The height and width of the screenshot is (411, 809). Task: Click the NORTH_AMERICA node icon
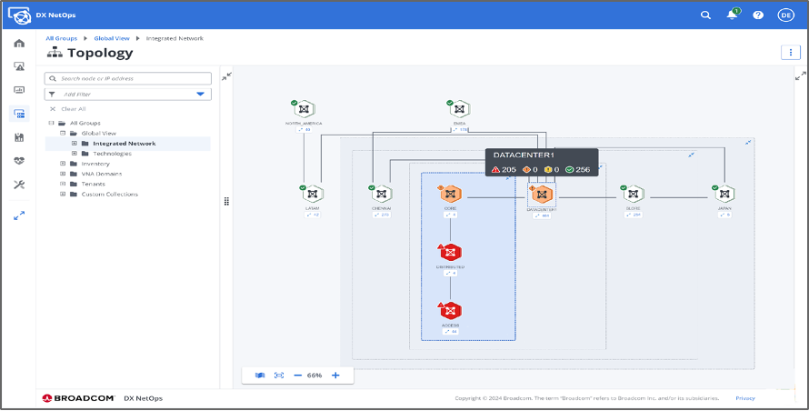point(305,109)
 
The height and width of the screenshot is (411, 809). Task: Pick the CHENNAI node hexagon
point(381,194)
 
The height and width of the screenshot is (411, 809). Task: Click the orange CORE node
point(450,194)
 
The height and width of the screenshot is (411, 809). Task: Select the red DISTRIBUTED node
point(450,252)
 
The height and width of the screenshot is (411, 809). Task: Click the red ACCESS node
point(450,311)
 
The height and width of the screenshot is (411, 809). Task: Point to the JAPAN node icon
point(724,194)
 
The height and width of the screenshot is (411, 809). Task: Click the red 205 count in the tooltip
point(504,170)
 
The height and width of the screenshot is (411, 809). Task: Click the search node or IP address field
point(132,79)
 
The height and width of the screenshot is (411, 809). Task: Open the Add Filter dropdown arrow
point(200,95)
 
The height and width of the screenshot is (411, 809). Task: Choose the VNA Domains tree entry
point(102,174)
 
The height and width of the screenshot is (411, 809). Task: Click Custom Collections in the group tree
point(109,194)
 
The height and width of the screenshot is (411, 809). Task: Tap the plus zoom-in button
point(335,375)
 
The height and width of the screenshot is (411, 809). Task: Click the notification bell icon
point(732,15)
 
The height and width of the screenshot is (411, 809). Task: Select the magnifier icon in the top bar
point(706,15)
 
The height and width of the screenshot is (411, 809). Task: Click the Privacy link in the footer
point(744,398)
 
